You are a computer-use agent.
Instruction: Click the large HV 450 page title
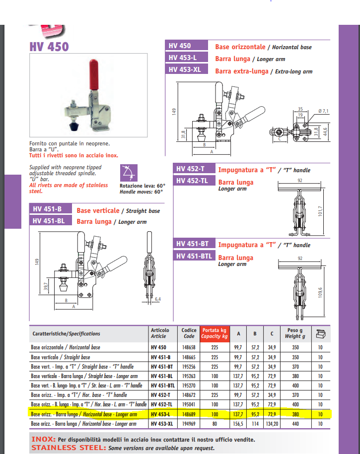click(x=49, y=47)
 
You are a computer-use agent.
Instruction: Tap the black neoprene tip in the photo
click(x=74, y=126)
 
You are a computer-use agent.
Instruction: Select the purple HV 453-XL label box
click(x=186, y=69)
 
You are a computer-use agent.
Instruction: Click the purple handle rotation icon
click(x=129, y=173)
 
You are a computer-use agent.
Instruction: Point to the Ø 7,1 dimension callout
click(x=323, y=111)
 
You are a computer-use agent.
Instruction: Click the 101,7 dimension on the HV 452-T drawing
click(x=320, y=211)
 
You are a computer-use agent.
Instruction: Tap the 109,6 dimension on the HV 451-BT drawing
click(x=320, y=292)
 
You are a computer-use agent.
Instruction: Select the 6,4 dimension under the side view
click(x=158, y=299)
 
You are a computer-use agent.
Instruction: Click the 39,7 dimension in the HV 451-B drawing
click(x=46, y=286)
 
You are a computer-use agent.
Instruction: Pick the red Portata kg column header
click(x=215, y=333)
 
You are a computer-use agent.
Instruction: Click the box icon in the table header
click(x=321, y=334)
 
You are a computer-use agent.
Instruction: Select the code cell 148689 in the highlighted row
click(x=189, y=414)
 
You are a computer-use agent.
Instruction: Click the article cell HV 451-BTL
click(x=162, y=386)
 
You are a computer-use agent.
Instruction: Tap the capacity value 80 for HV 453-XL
click(x=215, y=424)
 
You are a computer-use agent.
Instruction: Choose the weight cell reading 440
click(x=295, y=424)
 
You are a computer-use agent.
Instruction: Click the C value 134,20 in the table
click(x=272, y=424)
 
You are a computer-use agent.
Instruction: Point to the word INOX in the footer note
click(x=44, y=439)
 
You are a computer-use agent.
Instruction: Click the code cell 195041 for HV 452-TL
click(x=189, y=404)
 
